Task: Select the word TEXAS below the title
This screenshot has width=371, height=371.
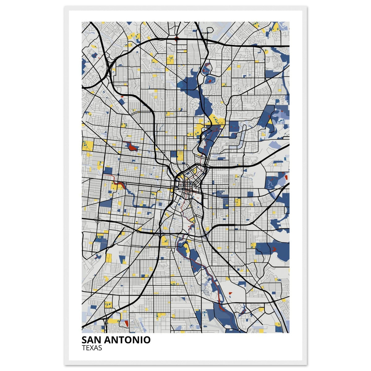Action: click(x=92, y=348)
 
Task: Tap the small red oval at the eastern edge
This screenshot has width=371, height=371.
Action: click(x=286, y=177)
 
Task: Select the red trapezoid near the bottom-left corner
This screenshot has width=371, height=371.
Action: click(x=126, y=323)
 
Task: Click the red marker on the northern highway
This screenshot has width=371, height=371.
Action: click(x=177, y=39)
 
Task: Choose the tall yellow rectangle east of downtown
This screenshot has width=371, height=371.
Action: click(x=237, y=203)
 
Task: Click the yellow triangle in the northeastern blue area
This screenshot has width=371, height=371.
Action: click(x=270, y=122)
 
